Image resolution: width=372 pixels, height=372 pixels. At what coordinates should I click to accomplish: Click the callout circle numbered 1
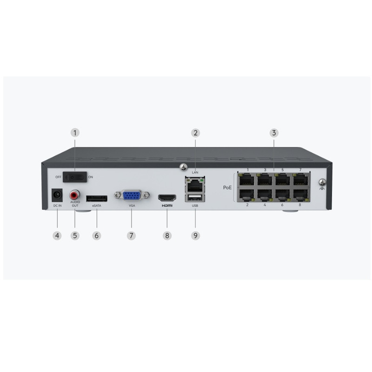tap(75, 133)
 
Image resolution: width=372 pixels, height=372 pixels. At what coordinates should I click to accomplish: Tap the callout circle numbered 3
tap(274, 133)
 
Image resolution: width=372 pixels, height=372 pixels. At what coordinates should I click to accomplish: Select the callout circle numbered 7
tap(132, 236)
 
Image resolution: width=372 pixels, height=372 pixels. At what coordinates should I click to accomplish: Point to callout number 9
tap(195, 236)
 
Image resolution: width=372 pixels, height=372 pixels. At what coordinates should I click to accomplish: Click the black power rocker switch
tap(75, 177)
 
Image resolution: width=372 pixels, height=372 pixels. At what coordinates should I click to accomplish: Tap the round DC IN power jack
tap(57, 195)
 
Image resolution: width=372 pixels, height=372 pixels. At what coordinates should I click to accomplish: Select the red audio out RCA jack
tap(75, 195)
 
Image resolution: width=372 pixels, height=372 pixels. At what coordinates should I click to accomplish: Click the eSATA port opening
tap(97, 199)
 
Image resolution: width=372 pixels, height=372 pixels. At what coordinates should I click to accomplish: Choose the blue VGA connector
tap(132, 195)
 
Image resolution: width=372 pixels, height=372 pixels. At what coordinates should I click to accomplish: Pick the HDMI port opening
tap(167, 198)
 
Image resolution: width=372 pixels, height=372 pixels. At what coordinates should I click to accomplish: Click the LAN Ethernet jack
tap(195, 185)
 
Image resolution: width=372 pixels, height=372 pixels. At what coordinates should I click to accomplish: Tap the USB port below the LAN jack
tap(195, 198)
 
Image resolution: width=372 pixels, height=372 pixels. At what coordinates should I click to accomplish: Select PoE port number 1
tap(247, 179)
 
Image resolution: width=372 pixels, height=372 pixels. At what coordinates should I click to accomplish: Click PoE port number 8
tap(300, 195)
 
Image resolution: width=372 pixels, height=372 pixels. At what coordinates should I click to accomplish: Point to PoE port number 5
tap(283, 179)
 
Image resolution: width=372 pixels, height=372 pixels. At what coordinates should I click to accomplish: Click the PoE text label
tap(227, 187)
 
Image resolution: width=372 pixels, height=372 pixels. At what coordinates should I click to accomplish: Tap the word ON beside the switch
tap(91, 177)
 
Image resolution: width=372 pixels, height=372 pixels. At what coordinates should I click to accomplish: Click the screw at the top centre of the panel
tap(183, 167)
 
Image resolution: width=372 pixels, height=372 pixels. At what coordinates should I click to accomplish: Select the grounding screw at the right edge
tap(322, 182)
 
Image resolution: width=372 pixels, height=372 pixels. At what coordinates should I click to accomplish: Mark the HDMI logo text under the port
tap(167, 206)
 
